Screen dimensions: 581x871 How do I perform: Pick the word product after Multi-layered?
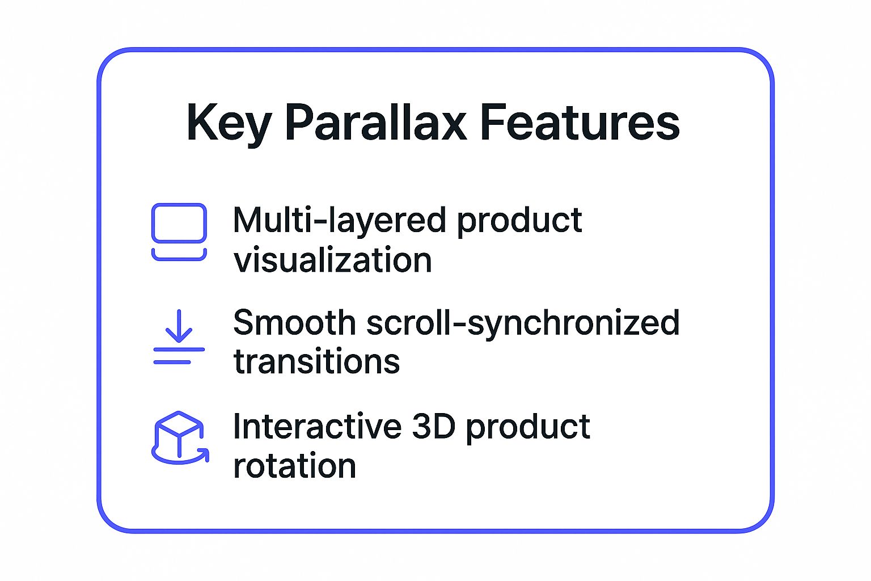(x=519, y=221)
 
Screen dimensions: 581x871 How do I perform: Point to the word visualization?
(x=333, y=260)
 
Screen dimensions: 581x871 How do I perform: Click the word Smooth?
(x=294, y=323)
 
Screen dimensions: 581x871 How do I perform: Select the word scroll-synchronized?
(x=523, y=324)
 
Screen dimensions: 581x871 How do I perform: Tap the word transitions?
(x=316, y=362)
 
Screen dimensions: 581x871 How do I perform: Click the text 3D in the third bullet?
(x=434, y=427)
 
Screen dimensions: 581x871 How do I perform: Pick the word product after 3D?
(x=528, y=428)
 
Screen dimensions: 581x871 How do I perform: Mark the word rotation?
(x=294, y=466)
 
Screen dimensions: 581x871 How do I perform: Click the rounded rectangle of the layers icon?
(x=179, y=223)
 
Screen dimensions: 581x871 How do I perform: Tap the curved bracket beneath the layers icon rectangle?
(x=179, y=256)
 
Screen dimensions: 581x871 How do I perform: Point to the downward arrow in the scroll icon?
(x=179, y=326)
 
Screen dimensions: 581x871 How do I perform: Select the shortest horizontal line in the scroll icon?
(x=172, y=362)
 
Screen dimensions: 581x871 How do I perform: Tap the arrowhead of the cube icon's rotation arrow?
(x=205, y=454)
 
